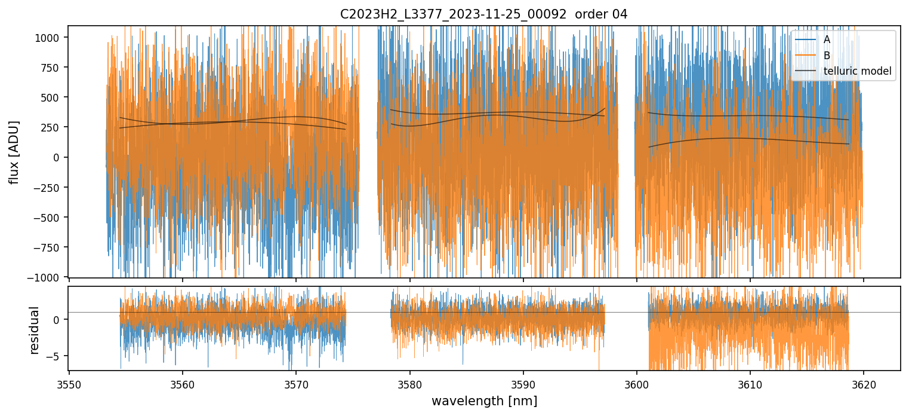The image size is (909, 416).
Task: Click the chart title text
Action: [483, 14]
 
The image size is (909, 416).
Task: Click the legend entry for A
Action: [827, 39]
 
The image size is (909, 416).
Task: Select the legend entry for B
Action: [827, 56]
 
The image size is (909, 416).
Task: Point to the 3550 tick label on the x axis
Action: [69, 384]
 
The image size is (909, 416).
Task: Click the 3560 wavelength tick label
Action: [183, 384]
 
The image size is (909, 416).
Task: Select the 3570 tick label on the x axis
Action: [296, 384]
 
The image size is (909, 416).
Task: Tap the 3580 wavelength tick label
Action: [409, 384]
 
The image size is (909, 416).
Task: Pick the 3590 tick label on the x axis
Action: [523, 384]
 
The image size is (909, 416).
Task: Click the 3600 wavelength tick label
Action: [636, 384]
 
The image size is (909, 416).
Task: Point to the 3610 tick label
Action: [750, 384]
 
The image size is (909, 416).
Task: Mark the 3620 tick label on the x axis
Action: [863, 384]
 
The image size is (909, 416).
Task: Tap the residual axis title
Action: [34, 330]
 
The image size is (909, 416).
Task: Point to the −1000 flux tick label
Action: [47, 277]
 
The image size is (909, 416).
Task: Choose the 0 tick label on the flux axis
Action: [58, 157]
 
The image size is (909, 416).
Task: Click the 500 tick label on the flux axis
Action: [53, 97]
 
